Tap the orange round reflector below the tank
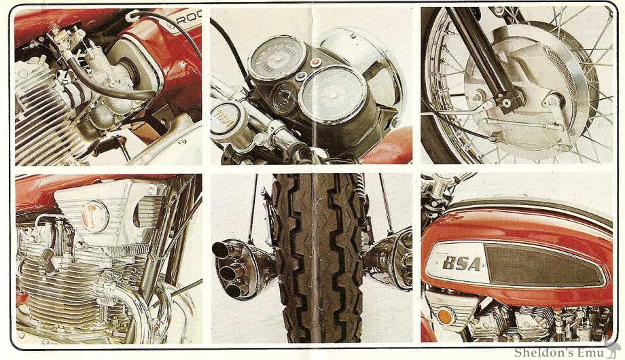tap(445, 317)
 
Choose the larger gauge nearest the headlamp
tap(333, 93)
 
